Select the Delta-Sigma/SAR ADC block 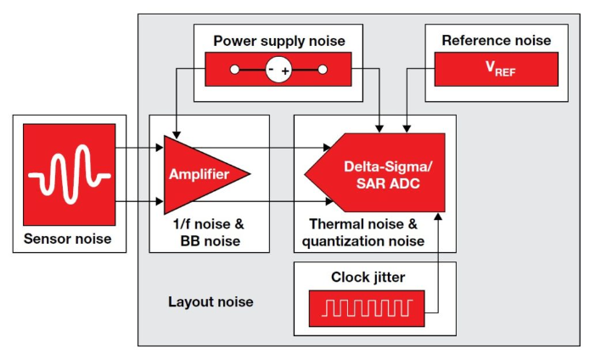[378, 173]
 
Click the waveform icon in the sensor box [69, 174]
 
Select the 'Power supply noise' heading [278, 41]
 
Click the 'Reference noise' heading [496, 41]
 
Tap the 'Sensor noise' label [69, 239]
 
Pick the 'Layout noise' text [211, 302]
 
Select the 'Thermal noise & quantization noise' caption [365, 233]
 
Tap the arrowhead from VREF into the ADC [406, 129]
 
